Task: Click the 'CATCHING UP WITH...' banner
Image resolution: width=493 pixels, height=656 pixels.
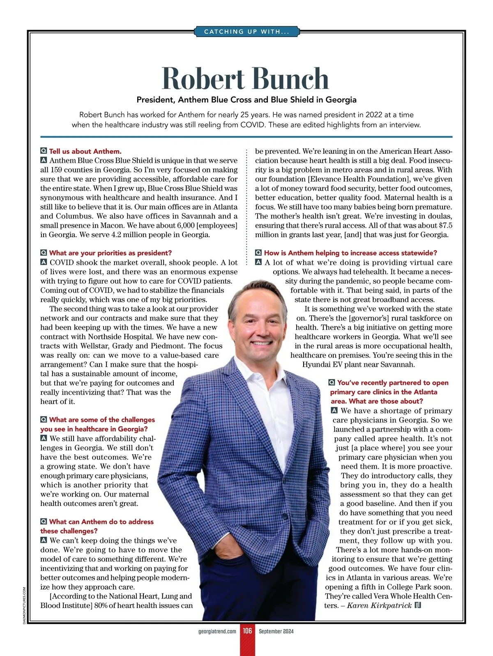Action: click(246, 32)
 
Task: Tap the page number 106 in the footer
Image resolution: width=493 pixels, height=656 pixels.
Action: click(247, 631)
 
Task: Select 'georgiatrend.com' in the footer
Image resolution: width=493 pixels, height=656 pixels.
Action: click(217, 631)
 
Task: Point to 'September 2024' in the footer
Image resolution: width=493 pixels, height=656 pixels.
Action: click(276, 631)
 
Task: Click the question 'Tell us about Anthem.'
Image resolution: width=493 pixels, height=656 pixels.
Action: click(85, 151)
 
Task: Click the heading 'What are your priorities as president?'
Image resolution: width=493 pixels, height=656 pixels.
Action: click(110, 253)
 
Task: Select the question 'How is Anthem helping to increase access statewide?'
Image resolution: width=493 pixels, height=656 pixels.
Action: click(350, 253)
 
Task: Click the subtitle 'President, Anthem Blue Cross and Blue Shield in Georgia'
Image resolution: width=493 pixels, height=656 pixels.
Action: click(246, 100)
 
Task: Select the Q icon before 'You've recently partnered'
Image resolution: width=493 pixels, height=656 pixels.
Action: click(332, 383)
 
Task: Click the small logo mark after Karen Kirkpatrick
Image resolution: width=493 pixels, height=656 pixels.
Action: click(418, 605)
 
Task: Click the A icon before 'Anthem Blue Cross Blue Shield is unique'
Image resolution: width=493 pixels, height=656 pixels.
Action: click(44, 160)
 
